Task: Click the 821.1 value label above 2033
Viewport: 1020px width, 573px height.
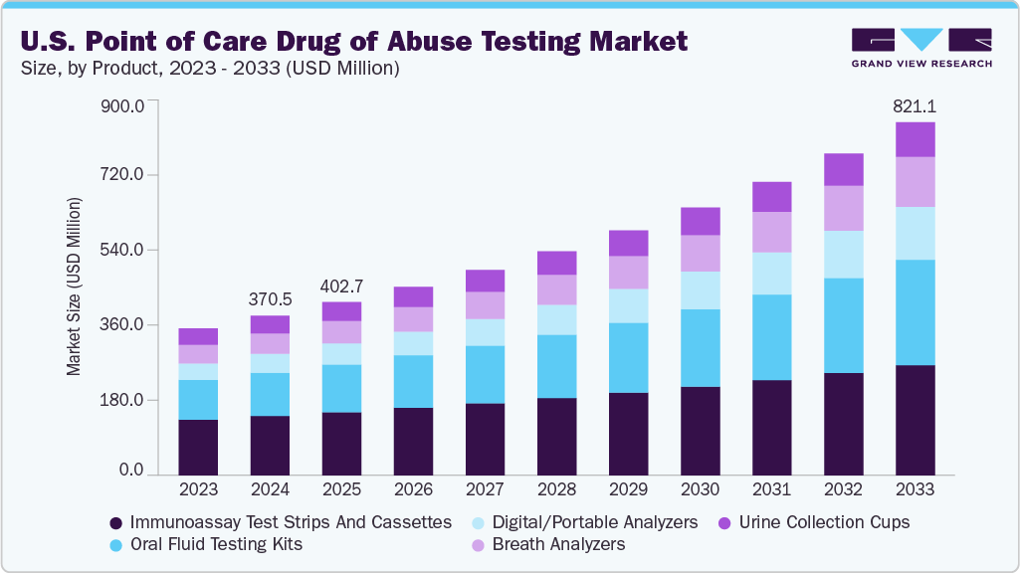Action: (915, 106)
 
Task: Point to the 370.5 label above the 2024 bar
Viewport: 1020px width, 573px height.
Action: (270, 298)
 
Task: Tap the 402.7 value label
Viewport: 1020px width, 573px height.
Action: (341, 286)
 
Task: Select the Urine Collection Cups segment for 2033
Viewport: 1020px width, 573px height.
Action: (915, 139)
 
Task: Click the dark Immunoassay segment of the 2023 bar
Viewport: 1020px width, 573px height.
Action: (198, 447)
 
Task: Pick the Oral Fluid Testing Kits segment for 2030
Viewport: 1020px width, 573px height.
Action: (700, 347)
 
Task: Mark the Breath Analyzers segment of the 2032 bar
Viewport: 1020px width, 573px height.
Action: (843, 208)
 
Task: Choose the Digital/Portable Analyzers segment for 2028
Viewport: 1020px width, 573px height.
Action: (556, 319)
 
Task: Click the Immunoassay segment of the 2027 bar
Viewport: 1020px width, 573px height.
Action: (485, 439)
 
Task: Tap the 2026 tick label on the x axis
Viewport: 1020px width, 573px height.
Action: (413, 489)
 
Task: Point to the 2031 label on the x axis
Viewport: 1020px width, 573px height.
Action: (771, 489)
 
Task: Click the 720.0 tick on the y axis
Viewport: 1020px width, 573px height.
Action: (124, 175)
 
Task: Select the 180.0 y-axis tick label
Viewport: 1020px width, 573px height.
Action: (124, 400)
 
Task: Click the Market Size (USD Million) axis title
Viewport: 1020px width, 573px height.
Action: (74, 286)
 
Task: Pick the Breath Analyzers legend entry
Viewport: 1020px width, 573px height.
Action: (558, 544)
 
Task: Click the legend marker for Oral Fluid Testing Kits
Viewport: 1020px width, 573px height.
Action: (116, 544)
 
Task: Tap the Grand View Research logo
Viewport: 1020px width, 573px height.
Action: (920, 46)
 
